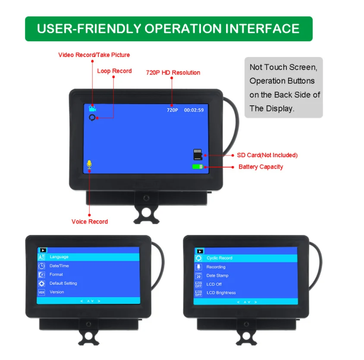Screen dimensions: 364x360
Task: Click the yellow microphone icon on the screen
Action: [x=89, y=164]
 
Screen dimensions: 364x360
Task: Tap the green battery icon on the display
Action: [x=198, y=167]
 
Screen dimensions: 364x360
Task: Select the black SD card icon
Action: [x=198, y=155]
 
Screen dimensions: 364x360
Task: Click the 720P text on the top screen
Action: [x=172, y=110]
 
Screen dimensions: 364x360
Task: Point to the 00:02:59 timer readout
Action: [x=194, y=110]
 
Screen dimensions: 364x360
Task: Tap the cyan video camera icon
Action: [x=92, y=108]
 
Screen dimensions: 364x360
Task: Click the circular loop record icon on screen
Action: [x=92, y=118]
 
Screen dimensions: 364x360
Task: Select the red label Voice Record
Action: [x=90, y=221]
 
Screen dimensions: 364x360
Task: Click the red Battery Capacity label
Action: [x=260, y=167]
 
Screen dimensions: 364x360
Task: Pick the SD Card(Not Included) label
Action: [x=267, y=155]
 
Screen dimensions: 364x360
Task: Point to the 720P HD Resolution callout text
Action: [x=173, y=73]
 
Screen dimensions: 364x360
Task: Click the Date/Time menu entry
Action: [x=59, y=265]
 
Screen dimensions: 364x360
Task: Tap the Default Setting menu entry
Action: [x=63, y=283]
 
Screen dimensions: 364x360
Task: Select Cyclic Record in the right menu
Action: [x=220, y=258]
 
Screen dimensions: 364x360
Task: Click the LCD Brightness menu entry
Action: [x=221, y=293]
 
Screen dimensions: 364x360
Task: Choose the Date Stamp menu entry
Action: [x=217, y=275]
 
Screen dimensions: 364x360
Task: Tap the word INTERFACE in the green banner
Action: [x=262, y=28]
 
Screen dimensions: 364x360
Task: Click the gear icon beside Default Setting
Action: [x=41, y=283]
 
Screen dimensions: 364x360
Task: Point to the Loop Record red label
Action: [x=114, y=71]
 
